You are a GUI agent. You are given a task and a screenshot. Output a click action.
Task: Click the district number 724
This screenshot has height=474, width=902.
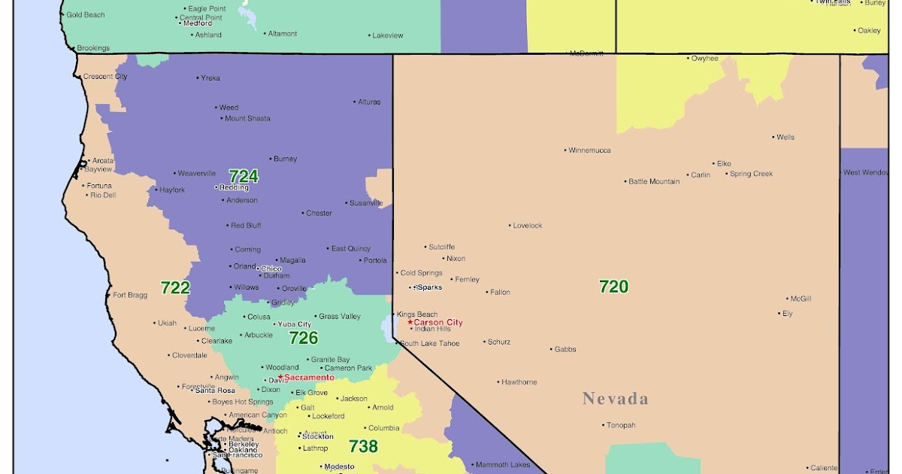243,176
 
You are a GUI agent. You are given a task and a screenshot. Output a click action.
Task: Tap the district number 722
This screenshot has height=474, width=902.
175,287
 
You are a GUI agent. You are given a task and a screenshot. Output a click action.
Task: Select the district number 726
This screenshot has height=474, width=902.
304,338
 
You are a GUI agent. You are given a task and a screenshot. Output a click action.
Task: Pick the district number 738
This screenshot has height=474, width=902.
363,446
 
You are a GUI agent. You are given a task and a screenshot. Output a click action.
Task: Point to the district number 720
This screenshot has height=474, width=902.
613,286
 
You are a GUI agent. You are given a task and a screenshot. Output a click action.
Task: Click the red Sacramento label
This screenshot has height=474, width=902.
309,377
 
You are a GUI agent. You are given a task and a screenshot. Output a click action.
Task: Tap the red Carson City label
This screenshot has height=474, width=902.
438,323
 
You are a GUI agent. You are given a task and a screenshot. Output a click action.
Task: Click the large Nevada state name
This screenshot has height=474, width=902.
615,399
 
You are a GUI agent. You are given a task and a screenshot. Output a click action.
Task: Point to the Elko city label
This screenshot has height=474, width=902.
724,163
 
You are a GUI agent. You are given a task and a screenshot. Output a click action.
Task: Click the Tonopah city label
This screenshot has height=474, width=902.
622,425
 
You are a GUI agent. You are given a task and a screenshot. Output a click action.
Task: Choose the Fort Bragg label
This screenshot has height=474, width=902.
130,295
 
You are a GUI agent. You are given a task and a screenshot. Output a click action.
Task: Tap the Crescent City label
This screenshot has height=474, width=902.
104,77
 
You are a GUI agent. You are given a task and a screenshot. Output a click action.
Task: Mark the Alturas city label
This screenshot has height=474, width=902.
369,102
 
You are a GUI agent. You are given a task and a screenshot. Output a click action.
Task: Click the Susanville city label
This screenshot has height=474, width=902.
366,203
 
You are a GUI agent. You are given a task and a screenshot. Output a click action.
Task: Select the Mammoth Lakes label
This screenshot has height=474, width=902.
503,465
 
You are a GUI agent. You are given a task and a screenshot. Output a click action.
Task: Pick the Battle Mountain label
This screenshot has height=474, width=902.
654,181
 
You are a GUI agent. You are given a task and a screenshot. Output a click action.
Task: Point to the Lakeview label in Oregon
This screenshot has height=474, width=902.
388,35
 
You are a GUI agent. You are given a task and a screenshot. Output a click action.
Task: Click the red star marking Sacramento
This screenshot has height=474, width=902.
280,376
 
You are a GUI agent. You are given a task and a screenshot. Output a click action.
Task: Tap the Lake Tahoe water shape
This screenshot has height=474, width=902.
387,327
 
